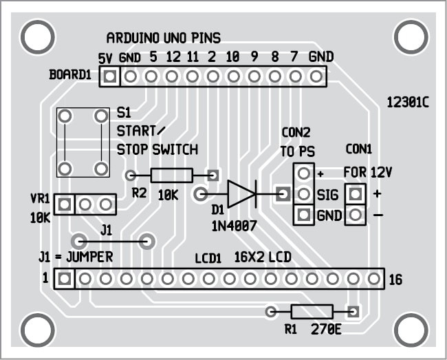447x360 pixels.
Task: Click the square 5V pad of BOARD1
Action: coord(108,76)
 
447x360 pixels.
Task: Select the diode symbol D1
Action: coord(241,193)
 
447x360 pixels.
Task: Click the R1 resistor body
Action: coord(312,312)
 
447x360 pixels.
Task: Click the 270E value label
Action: coord(327,328)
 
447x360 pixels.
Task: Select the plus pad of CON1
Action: coord(355,194)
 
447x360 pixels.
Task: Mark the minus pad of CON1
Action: coord(355,215)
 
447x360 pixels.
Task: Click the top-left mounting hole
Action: coord(36,34)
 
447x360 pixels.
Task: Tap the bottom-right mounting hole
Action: coord(410,327)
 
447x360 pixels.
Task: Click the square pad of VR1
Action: coord(64,204)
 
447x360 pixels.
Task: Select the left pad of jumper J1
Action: coord(80,241)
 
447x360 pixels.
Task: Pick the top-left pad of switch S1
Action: coord(65,116)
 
